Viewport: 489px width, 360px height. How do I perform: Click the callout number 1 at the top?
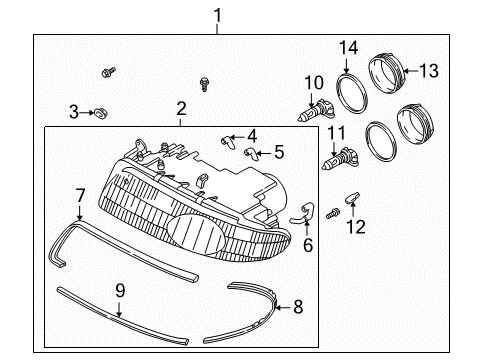tap(217, 16)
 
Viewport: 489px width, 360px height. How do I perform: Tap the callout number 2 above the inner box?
tap(181, 109)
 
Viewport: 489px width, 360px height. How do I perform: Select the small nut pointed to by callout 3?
tap(100, 113)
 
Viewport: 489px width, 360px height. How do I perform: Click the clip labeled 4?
tap(227, 142)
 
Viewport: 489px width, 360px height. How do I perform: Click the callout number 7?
tap(80, 196)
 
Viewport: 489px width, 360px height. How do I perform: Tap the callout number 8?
tap(298, 307)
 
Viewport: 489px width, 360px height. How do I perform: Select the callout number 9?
tap(120, 291)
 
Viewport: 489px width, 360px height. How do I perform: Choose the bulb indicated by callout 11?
tap(340, 159)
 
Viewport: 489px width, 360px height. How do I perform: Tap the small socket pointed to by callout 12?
tap(352, 197)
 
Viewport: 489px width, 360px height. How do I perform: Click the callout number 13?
tap(429, 71)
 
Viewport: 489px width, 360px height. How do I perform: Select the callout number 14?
tap(349, 48)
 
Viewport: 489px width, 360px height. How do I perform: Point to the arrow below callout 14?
tap(347, 66)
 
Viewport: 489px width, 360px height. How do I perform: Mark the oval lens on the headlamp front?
tap(196, 235)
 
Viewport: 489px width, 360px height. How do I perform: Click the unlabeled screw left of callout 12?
tap(333, 213)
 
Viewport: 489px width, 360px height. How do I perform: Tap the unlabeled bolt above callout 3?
tap(108, 72)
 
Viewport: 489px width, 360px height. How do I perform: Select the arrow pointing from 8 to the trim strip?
tap(284, 307)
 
